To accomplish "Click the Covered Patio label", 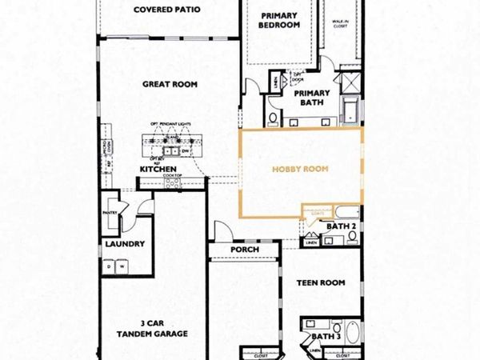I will pos(166,11).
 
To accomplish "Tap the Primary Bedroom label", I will pos(278,19).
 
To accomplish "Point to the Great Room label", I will pos(170,83).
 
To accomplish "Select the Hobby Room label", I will pos(300,170).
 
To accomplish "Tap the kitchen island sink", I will pos(170,150).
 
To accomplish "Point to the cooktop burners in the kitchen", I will pos(172,183).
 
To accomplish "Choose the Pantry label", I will pos(111,213).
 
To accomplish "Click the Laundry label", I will pos(124,244).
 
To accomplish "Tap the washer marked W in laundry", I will pos(124,267).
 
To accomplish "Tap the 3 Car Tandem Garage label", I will pos(152,330).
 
